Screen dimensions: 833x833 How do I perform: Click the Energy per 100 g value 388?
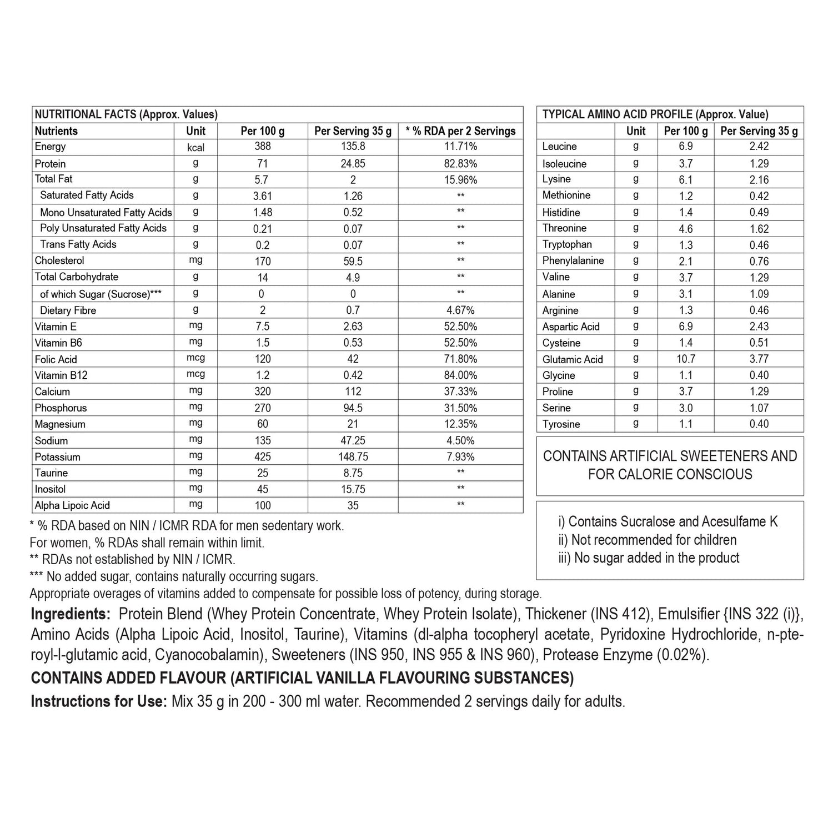pyautogui.click(x=263, y=147)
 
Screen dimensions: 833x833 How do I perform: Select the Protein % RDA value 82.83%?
pyautogui.click(x=461, y=163)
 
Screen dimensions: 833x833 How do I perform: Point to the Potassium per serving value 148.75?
pyautogui.click(x=353, y=456)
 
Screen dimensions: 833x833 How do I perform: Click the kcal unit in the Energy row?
pyautogui.click(x=195, y=147)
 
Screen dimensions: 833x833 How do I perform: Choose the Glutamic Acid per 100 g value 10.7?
pyautogui.click(x=686, y=359)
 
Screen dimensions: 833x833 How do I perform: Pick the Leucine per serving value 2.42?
pyautogui.click(x=759, y=147)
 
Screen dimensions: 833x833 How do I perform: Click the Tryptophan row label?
pyautogui.click(x=567, y=244)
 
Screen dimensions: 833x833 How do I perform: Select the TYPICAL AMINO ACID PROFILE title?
pyautogui.click(x=655, y=114)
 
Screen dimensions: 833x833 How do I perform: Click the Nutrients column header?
pyautogui.click(x=56, y=131)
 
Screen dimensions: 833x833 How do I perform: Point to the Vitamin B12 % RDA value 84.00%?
pyautogui.click(x=461, y=375)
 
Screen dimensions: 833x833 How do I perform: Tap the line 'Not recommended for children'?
pyautogui.click(x=648, y=540)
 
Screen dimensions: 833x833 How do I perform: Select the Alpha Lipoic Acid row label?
pyautogui.click(x=72, y=505)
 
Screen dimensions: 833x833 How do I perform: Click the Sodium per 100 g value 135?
pyautogui.click(x=263, y=440)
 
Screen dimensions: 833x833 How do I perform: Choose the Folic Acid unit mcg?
pyautogui.click(x=195, y=358)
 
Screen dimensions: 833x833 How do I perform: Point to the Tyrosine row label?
pyautogui.click(x=561, y=424)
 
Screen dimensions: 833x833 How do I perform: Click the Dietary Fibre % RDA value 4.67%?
pyautogui.click(x=461, y=310)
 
